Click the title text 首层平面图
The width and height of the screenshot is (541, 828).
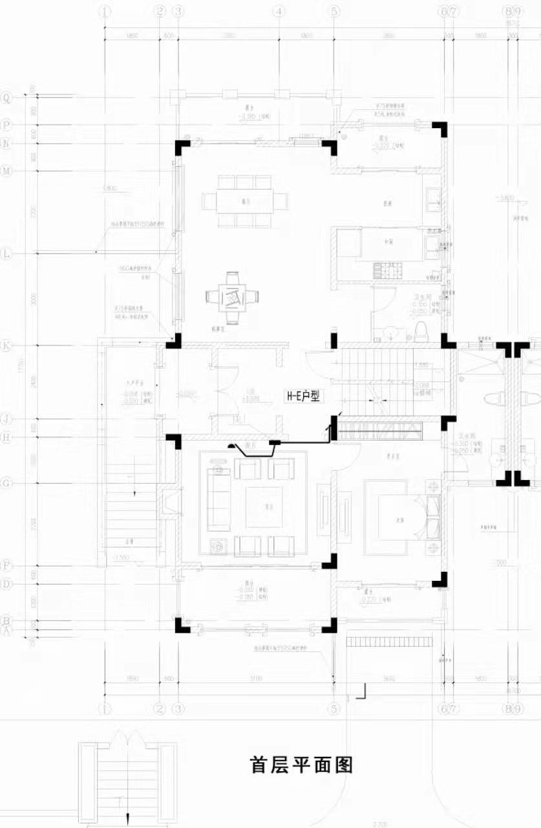coord(301,765)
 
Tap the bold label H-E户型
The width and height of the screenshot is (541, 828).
coord(303,397)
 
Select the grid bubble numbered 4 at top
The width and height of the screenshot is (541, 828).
coord(279,12)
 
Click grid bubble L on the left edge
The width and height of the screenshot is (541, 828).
coord(7,254)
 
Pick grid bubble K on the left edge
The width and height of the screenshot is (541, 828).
coord(7,345)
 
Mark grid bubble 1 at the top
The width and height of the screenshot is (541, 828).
coord(106,12)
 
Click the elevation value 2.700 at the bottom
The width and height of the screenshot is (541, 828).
coord(379,823)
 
